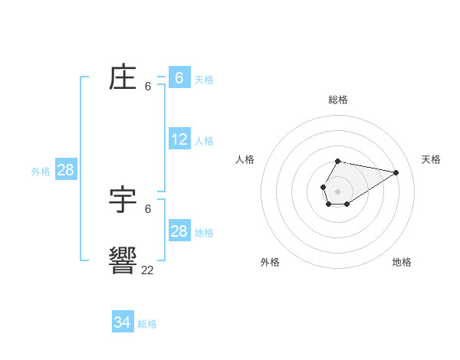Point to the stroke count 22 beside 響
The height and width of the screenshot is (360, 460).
pos(147,270)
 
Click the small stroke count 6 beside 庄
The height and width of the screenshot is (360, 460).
pos(148,87)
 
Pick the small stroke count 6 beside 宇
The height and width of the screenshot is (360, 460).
pos(148,208)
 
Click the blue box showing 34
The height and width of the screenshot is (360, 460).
pos(123,322)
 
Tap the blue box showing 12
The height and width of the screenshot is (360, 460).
pos(179,139)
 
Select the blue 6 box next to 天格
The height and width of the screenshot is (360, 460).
pos(179,77)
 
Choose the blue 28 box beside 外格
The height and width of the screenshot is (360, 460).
pos(65,170)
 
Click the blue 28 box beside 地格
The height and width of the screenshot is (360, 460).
pos(179,231)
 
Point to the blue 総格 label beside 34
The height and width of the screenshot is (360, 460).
pos(147,324)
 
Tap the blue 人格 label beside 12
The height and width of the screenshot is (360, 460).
pos(204,141)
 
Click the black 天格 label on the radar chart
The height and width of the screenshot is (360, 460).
pos(431,159)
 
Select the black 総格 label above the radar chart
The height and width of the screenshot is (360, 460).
pos(338,100)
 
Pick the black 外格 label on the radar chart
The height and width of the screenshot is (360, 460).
pos(270,262)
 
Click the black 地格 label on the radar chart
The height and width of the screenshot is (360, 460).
pos(402,262)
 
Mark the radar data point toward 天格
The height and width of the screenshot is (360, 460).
pos(396,172)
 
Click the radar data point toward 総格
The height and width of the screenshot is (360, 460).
pos(338,161)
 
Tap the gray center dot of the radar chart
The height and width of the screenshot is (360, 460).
pos(338,191)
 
